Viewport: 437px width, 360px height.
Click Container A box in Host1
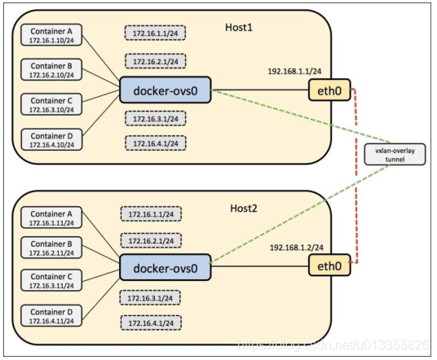click(51, 35)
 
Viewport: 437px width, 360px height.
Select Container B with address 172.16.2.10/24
click(51, 69)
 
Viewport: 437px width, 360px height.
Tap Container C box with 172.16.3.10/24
click(51, 104)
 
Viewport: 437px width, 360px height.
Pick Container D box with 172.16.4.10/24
click(52, 139)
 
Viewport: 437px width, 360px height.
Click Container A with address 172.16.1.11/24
click(51, 217)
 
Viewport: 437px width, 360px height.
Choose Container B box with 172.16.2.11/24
click(51, 248)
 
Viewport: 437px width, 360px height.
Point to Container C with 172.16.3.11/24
click(51, 280)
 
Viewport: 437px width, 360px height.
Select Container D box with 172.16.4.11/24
click(51, 315)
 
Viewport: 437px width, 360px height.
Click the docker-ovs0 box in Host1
click(166, 90)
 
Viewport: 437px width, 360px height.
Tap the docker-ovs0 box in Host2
click(166, 267)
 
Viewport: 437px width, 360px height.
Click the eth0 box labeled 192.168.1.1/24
click(329, 90)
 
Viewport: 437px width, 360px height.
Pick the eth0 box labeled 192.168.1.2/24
click(329, 265)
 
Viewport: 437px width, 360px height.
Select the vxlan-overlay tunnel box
click(395, 155)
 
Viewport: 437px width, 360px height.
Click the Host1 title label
click(239, 28)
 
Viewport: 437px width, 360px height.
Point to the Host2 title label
click(244, 209)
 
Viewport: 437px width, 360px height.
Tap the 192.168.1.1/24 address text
click(294, 72)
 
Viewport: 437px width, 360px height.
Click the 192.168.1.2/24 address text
click(297, 248)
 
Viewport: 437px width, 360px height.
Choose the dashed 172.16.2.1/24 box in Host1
click(156, 61)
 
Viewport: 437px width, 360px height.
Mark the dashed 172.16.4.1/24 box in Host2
click(151, 323)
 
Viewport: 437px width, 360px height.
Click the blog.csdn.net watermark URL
click(333, 345)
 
